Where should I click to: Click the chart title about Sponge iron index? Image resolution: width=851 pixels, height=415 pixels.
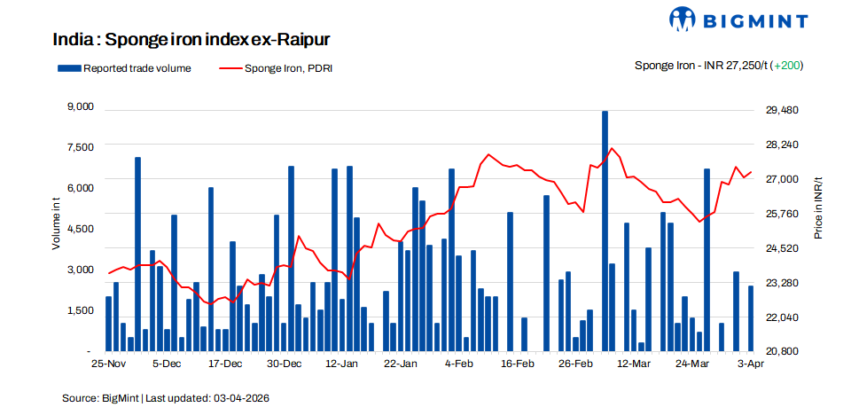point(192,40)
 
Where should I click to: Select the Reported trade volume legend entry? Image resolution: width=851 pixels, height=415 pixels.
point(125,68)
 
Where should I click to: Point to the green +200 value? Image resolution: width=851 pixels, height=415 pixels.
point(787,66)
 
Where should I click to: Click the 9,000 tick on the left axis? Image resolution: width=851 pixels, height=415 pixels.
point(80,106)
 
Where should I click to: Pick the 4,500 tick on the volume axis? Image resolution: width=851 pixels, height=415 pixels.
point(80,228)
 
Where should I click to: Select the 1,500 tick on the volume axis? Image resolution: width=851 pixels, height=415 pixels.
point(80,309)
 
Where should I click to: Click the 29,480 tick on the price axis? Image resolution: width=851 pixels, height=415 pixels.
point(782,110)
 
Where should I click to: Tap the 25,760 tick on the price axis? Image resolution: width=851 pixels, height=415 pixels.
point(782,214)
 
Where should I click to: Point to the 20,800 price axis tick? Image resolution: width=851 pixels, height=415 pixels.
point(782,351)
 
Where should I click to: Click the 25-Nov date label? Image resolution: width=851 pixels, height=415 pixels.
point(108,364)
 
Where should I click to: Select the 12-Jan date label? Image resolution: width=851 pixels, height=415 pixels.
point(342,364)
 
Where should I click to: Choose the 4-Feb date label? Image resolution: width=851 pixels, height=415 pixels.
point(459,364)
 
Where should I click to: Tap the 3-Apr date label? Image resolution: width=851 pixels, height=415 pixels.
point(751,364)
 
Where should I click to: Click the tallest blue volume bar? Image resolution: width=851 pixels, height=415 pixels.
point(605,231)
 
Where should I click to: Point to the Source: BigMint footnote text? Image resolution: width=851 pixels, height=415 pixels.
point(165,398)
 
